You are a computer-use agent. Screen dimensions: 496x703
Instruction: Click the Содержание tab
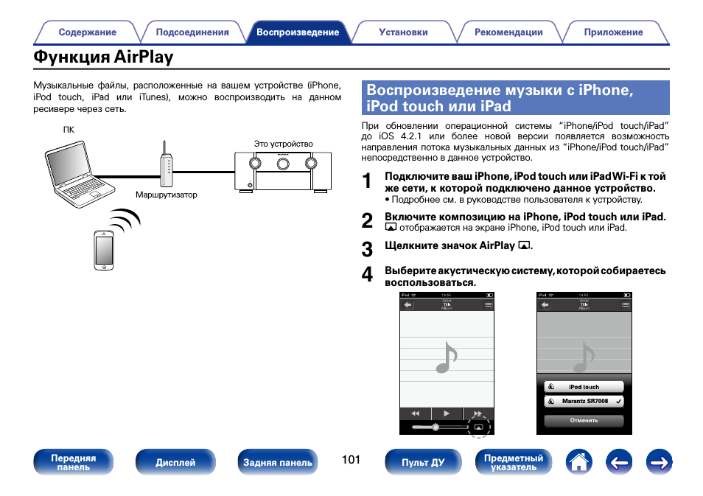[x=87, y=32]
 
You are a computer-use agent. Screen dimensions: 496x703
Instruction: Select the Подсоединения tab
[x=192, y=32]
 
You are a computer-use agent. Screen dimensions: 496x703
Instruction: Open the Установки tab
[x=403, y=32]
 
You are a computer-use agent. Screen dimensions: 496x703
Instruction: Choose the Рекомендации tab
[x=508, y=32]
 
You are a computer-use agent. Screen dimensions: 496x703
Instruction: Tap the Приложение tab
[x=613, y=32]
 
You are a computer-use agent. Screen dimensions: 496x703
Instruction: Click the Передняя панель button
[x=73, y=462]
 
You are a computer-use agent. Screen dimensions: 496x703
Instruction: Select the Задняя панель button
[x=277, y=462]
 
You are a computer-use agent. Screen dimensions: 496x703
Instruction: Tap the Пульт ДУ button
[x=423, y=462]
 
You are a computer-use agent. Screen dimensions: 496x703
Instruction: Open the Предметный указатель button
[x=513, y=462]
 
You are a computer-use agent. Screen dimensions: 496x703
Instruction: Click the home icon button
[x=579, y=462]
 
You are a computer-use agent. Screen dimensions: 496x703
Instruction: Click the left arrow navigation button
[x=620, y=462]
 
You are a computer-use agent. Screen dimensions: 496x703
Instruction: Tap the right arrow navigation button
[x=660, y=462]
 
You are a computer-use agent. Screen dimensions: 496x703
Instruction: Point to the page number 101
[x=351, y=460]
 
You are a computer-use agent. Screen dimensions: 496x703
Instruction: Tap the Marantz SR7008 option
[x=584, y=402]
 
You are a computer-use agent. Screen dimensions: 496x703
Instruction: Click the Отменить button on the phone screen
[x=584, y=421]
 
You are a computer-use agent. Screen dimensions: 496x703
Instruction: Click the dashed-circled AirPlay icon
[x=478, y=427]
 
